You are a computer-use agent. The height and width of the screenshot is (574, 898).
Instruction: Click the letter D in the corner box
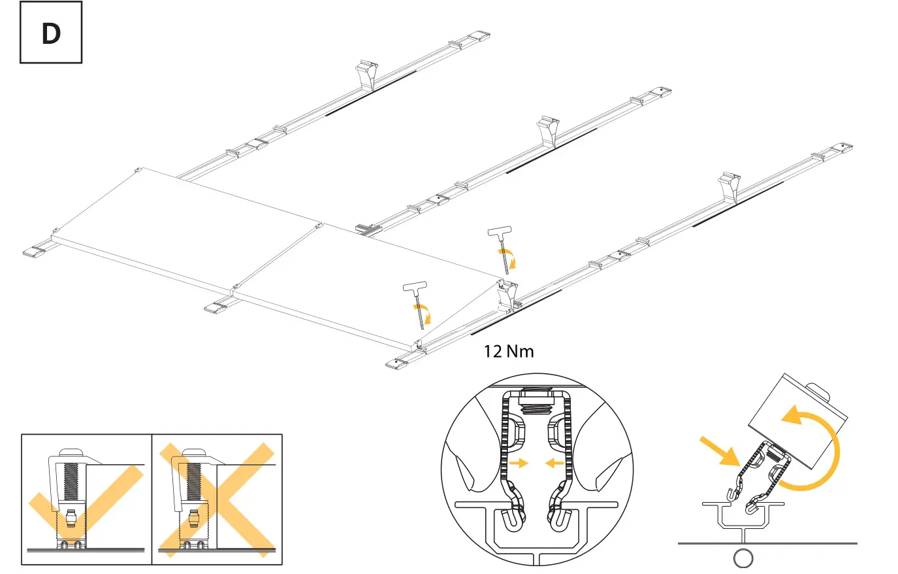(51, 33)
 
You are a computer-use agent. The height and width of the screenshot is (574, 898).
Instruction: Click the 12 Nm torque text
(508, 352)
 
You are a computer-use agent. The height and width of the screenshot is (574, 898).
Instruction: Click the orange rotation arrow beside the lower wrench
(425, 314)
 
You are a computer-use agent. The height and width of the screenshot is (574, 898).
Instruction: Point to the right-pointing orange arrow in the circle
(519, 464)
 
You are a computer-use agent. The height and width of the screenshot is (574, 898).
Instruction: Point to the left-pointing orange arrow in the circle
(554, 464)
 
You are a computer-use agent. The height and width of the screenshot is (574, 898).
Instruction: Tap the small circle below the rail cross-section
(743, 558)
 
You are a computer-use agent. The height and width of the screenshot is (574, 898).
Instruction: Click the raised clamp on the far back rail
(367, 75)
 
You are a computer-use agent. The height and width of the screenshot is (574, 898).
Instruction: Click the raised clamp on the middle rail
(548, 129)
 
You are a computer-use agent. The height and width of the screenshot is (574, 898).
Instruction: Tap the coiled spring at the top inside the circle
(536, 407)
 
